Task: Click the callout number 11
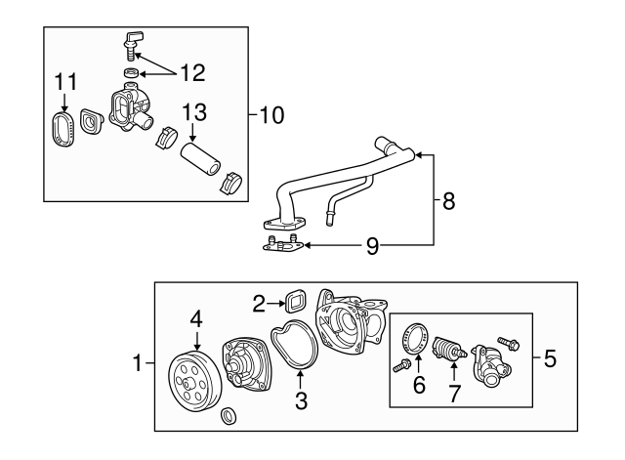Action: pos(65,82)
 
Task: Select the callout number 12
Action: pos(193,73)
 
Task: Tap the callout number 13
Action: pos(194,112)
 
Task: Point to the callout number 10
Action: pos(271,115)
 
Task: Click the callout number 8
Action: pos(448,201)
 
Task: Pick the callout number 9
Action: pos(372,246)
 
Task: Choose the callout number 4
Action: pos(196,319)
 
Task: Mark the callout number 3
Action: pos(302,400)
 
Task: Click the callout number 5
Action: pos(550,358)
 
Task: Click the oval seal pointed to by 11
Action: pos(63,128)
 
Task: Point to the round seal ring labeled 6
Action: pos(416,339)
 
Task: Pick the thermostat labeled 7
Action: pos(448,348)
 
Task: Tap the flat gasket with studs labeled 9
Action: pos(283,244)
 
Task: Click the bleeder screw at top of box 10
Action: pos(132,45)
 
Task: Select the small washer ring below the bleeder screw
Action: pos(131,73)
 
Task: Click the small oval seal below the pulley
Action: pos(229,415)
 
